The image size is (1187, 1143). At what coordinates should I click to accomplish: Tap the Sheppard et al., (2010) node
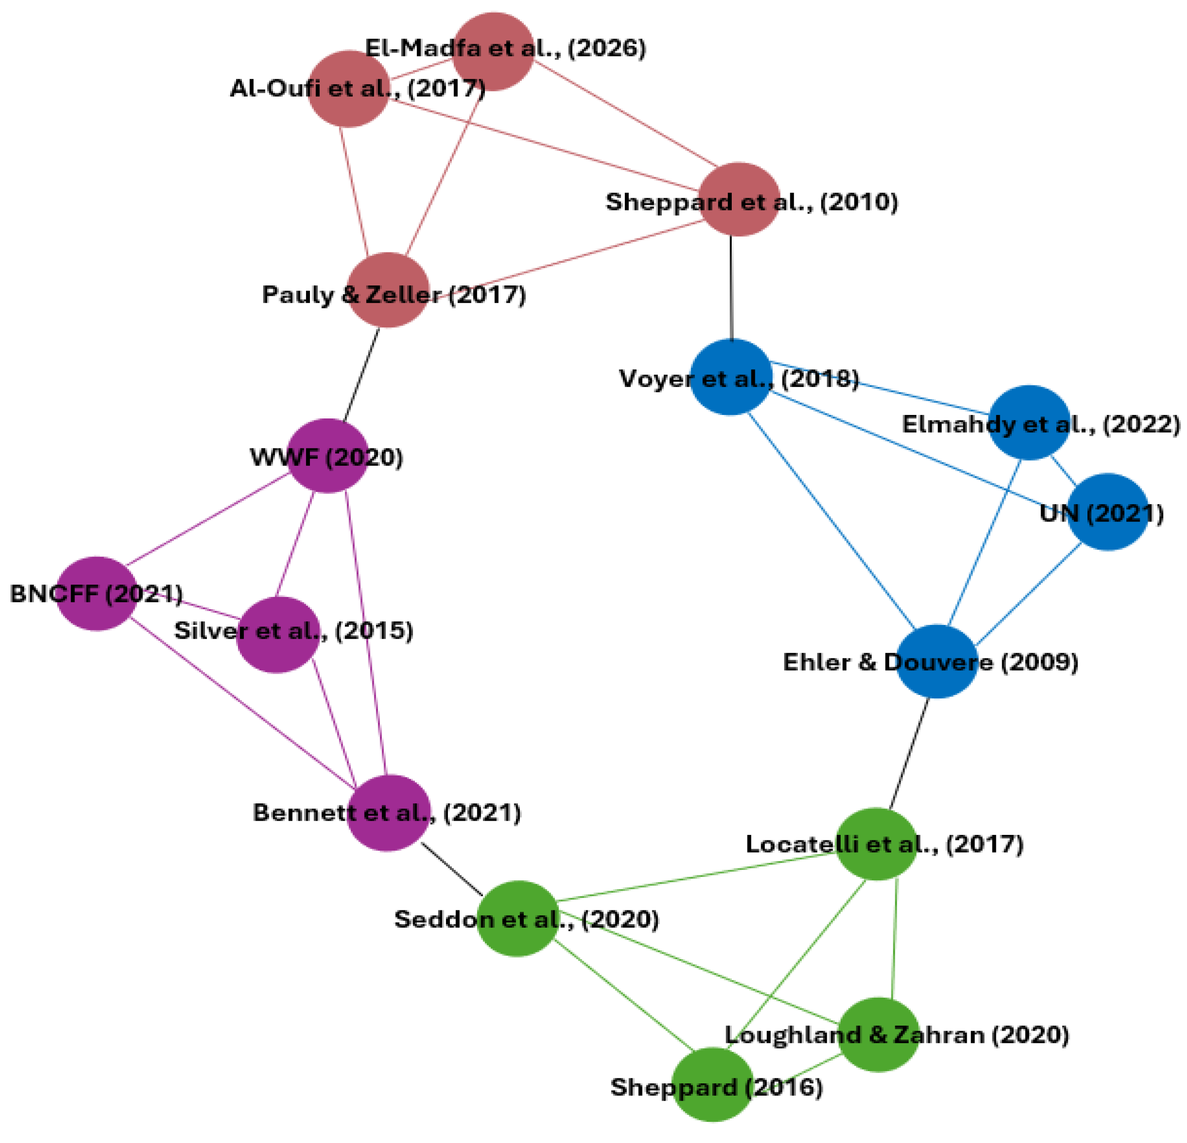coord(739,199)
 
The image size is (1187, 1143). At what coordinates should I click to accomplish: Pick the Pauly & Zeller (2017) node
coord(388,290)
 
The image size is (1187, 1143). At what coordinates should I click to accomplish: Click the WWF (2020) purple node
coord(328,455)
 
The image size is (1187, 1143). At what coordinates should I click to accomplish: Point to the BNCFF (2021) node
coord(96,593)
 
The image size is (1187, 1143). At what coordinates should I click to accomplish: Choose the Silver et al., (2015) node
coord(277,634)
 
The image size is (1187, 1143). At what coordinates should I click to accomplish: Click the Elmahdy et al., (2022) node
coord(1029,422)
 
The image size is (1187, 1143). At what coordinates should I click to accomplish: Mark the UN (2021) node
coord(1108,512)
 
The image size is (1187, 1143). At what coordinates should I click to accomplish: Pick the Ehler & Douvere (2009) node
coord(936,661)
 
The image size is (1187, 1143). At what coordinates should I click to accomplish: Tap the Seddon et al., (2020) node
coord(517,919)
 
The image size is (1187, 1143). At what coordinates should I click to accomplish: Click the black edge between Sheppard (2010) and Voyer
coord(731,288)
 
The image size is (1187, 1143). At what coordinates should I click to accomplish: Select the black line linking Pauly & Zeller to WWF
coord(362,374)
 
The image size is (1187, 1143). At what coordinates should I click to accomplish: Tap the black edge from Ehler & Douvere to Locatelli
coord(909,754)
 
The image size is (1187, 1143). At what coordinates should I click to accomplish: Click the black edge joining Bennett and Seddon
coord(452,868)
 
